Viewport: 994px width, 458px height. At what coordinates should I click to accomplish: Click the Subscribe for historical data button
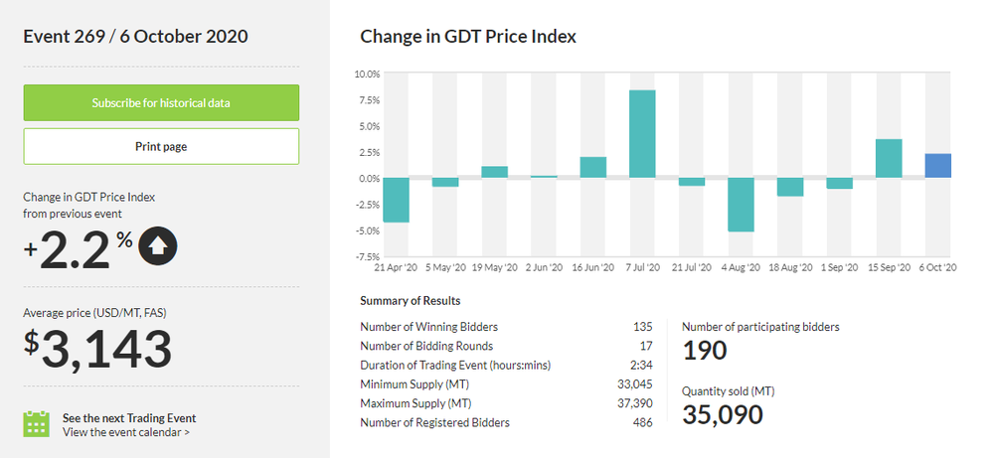point(161,102)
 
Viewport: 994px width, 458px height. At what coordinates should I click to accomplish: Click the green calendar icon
point(37,423)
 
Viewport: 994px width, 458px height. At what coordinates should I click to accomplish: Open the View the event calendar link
point(126,432)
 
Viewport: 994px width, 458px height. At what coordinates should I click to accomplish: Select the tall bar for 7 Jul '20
point(642,134)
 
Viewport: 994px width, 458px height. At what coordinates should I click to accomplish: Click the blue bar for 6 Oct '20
point(937,166)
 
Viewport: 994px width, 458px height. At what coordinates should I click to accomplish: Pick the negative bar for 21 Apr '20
point(396,200)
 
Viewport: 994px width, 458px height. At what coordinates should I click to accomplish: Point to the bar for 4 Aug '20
point(741,205)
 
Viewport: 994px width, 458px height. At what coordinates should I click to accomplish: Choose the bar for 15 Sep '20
point(889,159)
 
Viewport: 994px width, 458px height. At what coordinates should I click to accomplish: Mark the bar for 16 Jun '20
point(593,168)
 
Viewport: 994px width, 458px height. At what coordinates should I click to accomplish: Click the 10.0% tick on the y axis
point(367,75)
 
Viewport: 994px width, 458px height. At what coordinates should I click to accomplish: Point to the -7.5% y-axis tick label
point(367,257)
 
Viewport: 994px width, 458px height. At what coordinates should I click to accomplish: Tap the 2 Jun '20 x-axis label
point(544,268)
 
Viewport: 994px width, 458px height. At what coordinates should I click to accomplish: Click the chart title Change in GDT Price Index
point(468,37)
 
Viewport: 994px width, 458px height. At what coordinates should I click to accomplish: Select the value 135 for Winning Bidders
point(642,327)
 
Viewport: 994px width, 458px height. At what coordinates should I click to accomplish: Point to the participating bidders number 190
point(705,350)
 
